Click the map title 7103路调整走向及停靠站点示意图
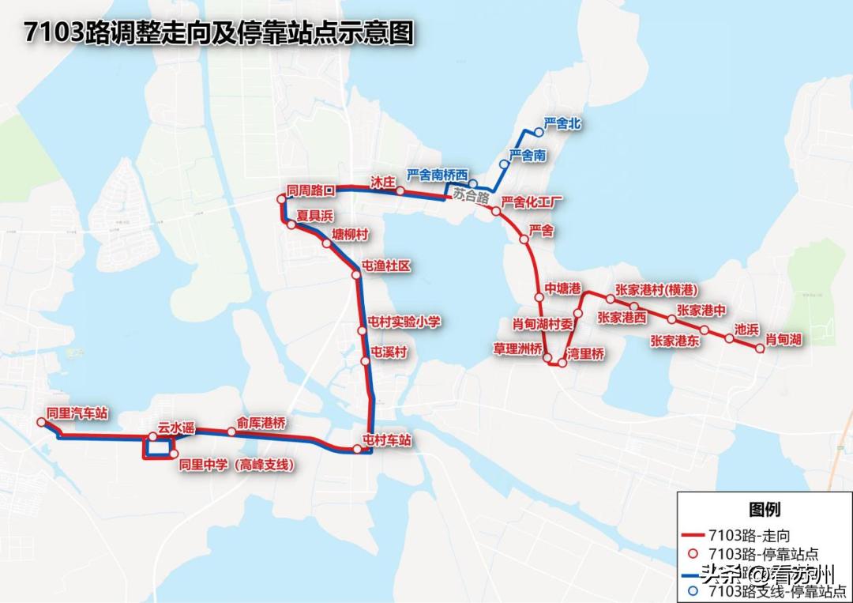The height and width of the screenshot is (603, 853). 219,33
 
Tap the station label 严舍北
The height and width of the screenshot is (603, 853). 562,124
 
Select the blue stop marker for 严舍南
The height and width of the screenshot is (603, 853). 504,164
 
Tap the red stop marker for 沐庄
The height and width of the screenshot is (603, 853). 400,191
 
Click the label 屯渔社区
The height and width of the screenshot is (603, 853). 386,266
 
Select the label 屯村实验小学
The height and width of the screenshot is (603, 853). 404,321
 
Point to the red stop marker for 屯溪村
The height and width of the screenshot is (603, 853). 365,361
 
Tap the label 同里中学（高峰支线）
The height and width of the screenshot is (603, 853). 237,465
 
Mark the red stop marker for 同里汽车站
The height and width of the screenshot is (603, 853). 42,423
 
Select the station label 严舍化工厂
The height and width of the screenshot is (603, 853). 535,202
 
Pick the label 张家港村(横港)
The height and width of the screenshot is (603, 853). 656,289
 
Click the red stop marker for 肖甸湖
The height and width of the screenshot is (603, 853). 761,349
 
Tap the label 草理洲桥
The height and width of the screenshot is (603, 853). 518,348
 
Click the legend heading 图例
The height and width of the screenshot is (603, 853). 764,510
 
